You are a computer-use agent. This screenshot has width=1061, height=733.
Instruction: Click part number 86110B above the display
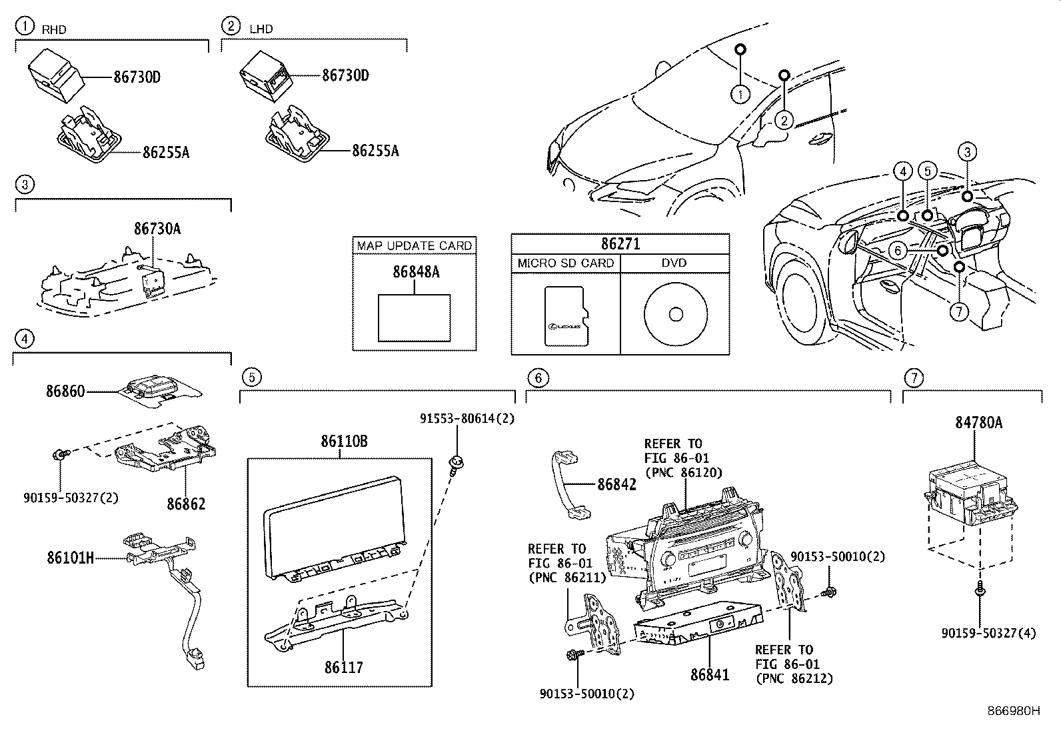click(344, 442)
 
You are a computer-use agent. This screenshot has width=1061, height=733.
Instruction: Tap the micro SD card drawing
click(564, 317)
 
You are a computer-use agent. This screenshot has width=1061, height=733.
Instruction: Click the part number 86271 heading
click(620, 244)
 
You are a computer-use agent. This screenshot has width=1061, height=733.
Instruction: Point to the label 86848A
click(416, 272)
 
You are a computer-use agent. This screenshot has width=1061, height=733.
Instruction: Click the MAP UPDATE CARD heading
click(415, 245)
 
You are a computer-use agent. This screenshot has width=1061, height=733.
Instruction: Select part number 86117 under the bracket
click(344, 666)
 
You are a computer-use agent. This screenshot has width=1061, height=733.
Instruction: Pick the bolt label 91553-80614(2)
click(467, 419)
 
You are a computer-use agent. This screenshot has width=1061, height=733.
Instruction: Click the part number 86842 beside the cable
click(616, 484)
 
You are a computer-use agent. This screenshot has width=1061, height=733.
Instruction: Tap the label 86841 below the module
click(710, 674)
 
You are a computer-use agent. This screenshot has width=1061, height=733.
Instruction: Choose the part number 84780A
click(978, 423)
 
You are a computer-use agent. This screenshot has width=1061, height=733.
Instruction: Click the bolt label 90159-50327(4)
click(989, 633)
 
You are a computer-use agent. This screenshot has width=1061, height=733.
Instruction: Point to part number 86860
click(65, 392)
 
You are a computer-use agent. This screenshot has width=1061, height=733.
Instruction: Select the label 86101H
click(70, 558)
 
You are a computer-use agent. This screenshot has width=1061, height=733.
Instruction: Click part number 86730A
click(157, 229)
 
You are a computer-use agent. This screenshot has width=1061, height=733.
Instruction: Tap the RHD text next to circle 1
click(54, 30)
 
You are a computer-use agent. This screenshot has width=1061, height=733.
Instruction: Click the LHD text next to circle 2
click(261, 29)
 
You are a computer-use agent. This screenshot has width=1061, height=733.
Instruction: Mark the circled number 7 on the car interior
click(958, 311)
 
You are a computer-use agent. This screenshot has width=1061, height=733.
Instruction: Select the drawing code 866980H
click(1013, 711)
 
